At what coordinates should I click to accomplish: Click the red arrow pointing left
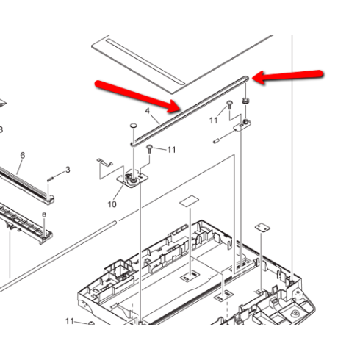[287, 76]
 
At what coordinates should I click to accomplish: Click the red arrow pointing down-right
[138, 96]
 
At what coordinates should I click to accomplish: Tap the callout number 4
[147, 111]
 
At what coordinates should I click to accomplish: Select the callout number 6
[23, 155]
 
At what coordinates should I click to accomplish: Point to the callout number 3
[68, 170]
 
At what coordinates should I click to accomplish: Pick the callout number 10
[112, 204]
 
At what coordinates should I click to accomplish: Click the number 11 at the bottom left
[70, 321]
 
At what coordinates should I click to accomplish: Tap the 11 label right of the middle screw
[171, 150]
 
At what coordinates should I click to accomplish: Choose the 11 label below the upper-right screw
[214, 120]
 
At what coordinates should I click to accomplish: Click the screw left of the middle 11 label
[150, 148]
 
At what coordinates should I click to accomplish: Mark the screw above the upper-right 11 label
[229, 104]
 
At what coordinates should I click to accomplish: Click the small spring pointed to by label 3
[50, 179]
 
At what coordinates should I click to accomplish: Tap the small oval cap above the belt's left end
[133, 126]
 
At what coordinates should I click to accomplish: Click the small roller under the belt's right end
[245, 101]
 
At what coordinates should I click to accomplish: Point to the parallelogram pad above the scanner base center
[190, 201]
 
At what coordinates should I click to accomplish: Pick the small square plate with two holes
[262, 228]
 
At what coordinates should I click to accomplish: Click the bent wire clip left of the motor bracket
[104, 162]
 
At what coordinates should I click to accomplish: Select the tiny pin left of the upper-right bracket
[217, 141]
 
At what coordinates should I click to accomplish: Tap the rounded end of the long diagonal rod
[115, 223]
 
